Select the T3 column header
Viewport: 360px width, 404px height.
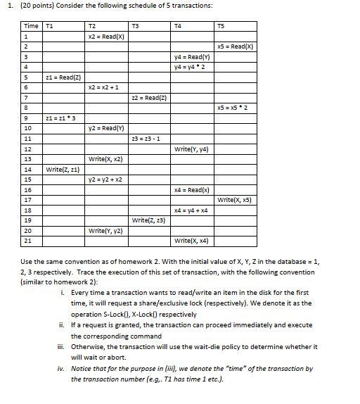[136, 26]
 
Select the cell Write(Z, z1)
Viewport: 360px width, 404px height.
[63, 169]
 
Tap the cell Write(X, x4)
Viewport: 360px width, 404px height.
[192, 241]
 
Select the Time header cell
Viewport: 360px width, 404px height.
[31, 26]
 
